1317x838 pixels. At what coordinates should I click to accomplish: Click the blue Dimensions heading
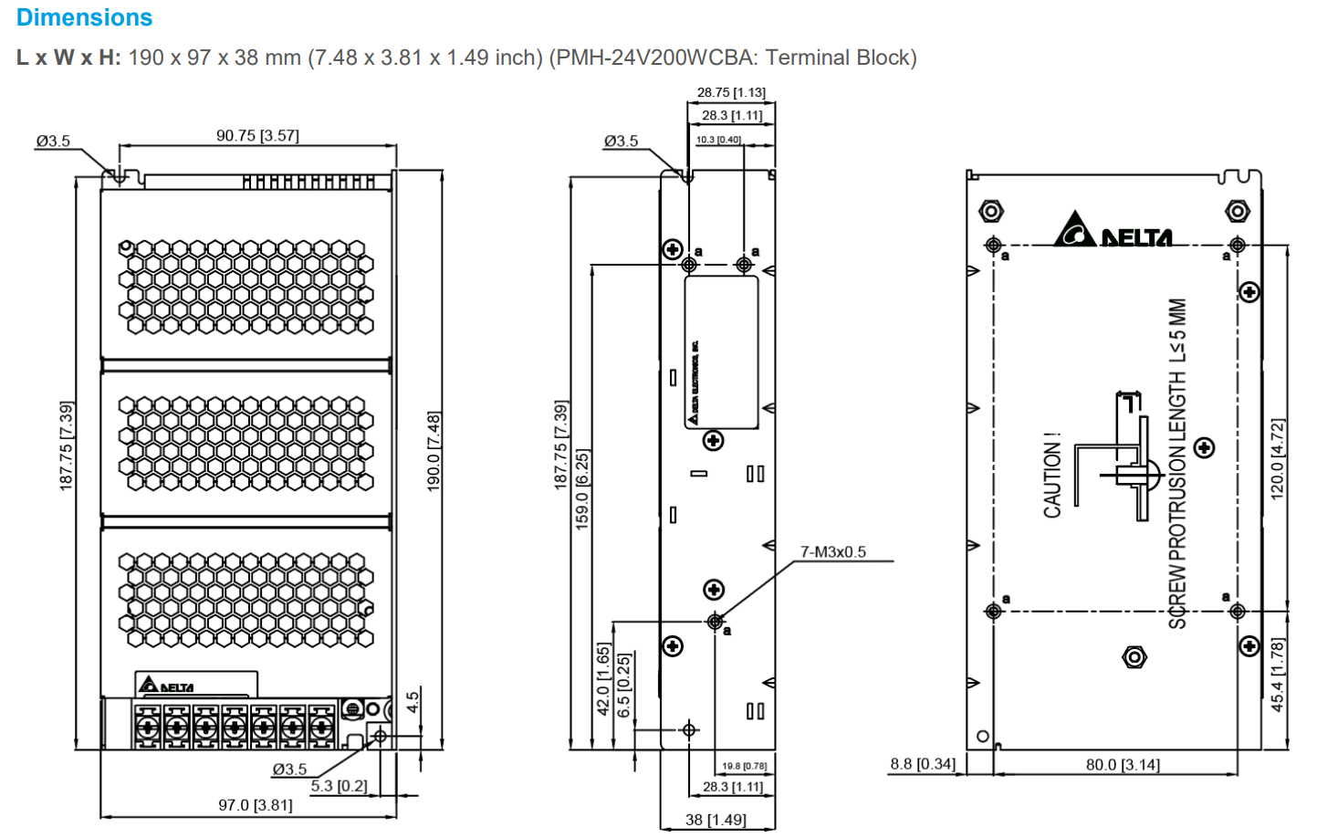tap(84, 17)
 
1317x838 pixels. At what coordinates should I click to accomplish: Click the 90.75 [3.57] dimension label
tap(257, 135)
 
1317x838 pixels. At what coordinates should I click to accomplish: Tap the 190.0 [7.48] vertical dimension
tap(434, 451)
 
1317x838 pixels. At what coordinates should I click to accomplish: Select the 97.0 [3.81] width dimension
tap(256, 805)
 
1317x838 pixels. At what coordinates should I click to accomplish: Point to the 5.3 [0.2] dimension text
tap(339, 786)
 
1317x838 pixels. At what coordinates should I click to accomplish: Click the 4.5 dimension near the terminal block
tap(413, 702)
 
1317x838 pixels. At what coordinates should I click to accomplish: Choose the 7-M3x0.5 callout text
tap(832, 551)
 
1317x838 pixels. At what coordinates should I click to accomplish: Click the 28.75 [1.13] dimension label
tap(731, 92)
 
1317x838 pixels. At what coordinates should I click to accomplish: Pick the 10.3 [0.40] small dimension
tap(718, 140)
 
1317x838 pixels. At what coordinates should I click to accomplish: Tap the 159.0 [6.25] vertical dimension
tap(581, 488)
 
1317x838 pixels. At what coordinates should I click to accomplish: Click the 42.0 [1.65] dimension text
tap(603, 679)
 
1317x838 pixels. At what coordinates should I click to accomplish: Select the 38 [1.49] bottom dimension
tap(716, 820)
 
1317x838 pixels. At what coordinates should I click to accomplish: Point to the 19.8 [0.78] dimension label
tap(744, 766)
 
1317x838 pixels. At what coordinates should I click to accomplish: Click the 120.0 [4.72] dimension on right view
tap(1278, 458)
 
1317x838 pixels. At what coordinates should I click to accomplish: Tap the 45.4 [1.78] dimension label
tap(1278, 675)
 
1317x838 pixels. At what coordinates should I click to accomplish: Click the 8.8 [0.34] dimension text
tap(923, 763)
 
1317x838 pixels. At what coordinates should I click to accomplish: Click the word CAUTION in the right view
tap(1052, 476)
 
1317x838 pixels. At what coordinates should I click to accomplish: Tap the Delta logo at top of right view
tap(1113, 231)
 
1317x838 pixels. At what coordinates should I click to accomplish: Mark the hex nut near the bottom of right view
tap(1134, 656)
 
